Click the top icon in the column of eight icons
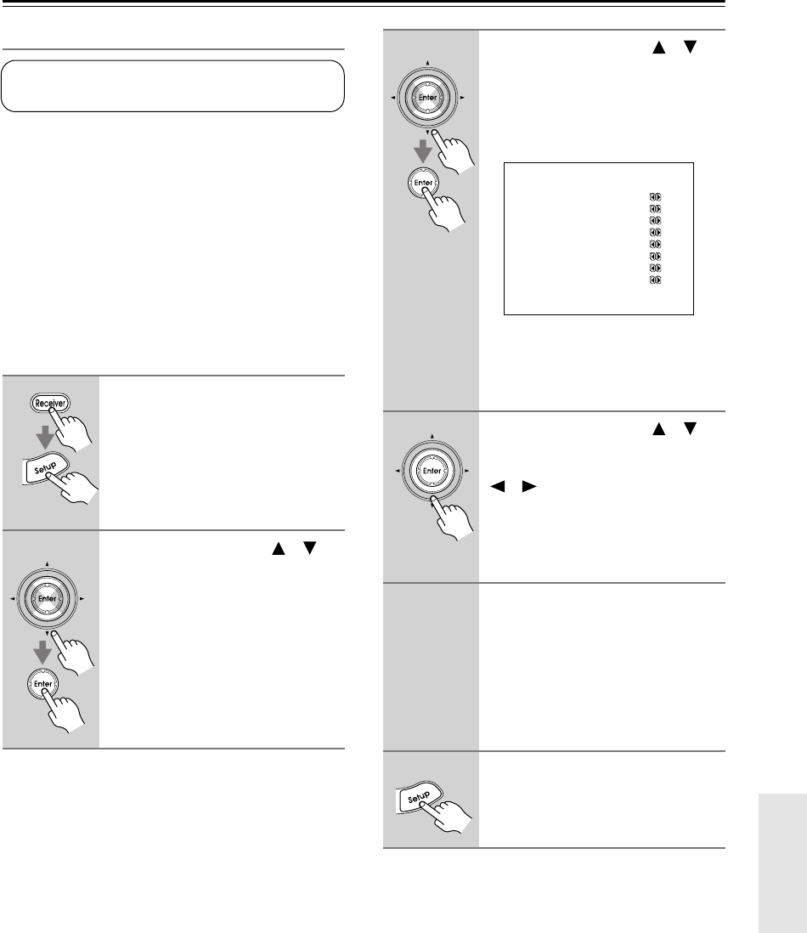pyautogui.click(x=655, y=196)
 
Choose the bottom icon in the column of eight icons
pyautogui.click(x=655, y=280)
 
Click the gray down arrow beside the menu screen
pyautogui.click(x=422, y=152)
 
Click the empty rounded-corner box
pyautogui.click(x=172, y=86)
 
